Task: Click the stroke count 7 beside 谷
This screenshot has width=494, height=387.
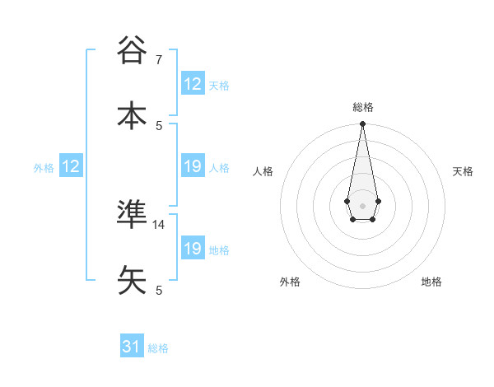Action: coord(159,60)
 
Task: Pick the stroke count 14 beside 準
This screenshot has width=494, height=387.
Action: coord(159,224)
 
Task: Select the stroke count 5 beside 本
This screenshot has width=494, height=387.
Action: coord(159,125)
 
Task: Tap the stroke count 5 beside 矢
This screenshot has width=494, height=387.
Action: coord(159,290)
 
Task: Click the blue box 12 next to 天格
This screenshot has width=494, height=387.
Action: coord(193,84)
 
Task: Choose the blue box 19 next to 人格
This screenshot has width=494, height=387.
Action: coord(193,166)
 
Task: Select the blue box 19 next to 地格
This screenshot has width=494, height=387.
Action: coord(193,249)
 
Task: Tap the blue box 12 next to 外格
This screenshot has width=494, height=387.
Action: coord(71,166)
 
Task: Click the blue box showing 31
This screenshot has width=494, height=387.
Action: coord(132,347)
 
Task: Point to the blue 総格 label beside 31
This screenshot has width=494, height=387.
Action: coord(158,348)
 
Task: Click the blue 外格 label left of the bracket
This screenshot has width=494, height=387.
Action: coord(44,168)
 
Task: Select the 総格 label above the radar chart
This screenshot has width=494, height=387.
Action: coord(362,107)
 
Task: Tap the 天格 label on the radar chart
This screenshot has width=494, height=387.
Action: coord(463,171)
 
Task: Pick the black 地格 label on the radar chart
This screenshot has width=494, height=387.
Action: coord(431,282)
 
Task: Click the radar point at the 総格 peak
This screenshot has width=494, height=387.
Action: coord(362,124)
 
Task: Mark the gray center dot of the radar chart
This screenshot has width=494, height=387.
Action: coord(362,204)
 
